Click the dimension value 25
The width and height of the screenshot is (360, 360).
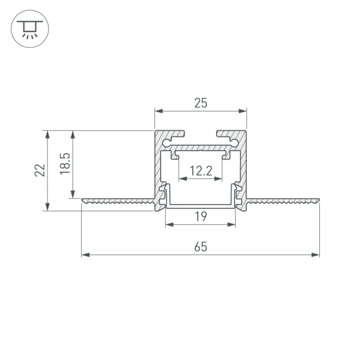200,103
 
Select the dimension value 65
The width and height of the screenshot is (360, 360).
200,247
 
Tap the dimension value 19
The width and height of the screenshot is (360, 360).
200,217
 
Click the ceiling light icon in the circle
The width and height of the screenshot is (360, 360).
27,28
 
